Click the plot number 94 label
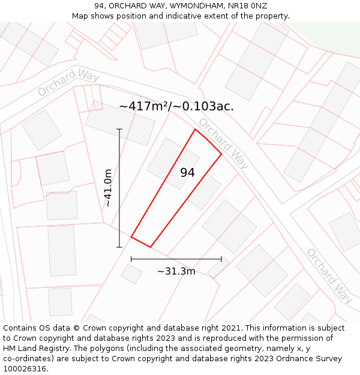pyautogui.click(x=187, y=173)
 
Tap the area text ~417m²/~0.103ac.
pyautogui.click(x=176, y=106)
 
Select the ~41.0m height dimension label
pyautogui.click(x=108, y=188)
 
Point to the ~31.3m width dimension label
pyautogui.click(x=176, y=271)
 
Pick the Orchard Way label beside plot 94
pyautogui.click(x=223, y=143)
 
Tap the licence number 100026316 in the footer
pyautogui.click(x=25, y=369)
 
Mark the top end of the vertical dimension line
pyautogui.click(x=119, y=129)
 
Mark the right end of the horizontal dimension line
pyautogui.click(x=221, y=259)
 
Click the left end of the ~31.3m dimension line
pyautogui.click(x=131, y=259)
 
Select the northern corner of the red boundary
pyautogui.click(x=195, y=129)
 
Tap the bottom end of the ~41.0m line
pyautogui.click(x=119, y=247)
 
